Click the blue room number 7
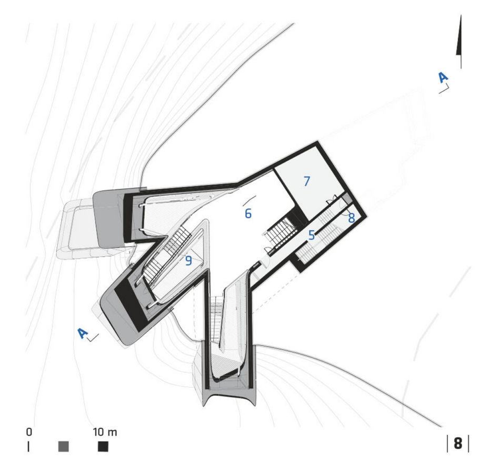click(306, 181)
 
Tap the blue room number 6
click(248, 213)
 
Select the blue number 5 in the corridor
click(311, 235)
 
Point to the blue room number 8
click(351, 218)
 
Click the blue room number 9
click(188, 260)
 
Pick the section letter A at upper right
click(443, 77)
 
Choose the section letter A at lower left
click(83, 333)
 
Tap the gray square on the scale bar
click(64, 446)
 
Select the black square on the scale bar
click(103, 446)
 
